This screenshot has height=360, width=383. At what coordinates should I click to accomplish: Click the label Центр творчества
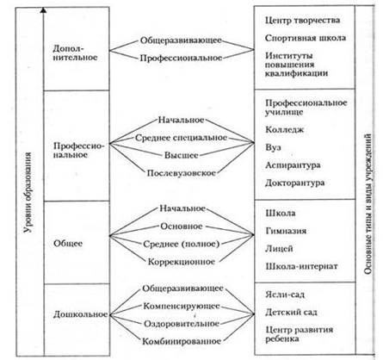pyautogui.click(x=302, y=21)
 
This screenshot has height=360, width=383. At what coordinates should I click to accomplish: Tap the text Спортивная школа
pyautogui.click(x=306, y=38)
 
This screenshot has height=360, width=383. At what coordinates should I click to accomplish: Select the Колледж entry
pyautogui.click(x=284, y=130)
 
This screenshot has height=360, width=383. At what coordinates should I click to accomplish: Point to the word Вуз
pyautogui.click(x=273, y=147)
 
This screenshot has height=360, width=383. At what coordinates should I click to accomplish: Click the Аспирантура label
pyautogui.click(x=293, y=165)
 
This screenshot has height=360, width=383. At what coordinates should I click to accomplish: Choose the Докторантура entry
pyautogui.click(x=294, y=183)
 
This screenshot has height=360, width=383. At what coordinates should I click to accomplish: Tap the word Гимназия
pyautogui.click(x=286, y=231)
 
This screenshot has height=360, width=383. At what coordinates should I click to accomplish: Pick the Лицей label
pyautogui.click(x=279, y=249)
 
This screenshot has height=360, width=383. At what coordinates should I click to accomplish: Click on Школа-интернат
pyautogui.click(x=301, y=266)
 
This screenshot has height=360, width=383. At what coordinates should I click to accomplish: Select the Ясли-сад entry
pyautogui.click(x=285, y=295)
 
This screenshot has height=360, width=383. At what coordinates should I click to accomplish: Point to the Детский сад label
pyautogui.click(x=291, y=312)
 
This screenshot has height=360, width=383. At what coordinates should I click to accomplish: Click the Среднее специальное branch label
pyautogui.click(x=181, y=138)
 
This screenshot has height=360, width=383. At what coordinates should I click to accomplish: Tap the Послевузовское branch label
pyautogui.click(x=181, y=173)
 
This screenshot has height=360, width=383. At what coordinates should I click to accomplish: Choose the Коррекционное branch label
pyautogui.click(x=182, y=262)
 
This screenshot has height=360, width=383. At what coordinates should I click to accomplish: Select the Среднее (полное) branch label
pyautogui.click(x=181, y=244)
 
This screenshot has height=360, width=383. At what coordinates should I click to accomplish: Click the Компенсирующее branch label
pyautogui.click(x=182, y=307)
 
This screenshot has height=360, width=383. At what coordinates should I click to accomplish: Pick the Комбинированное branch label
pyautogui.click(x=182, y=341)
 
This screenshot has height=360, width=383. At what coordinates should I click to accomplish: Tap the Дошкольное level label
pyautogui.click(x=80, y=314)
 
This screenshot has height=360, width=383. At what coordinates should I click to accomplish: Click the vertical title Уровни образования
pyautogui.click(x=28, y=193)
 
